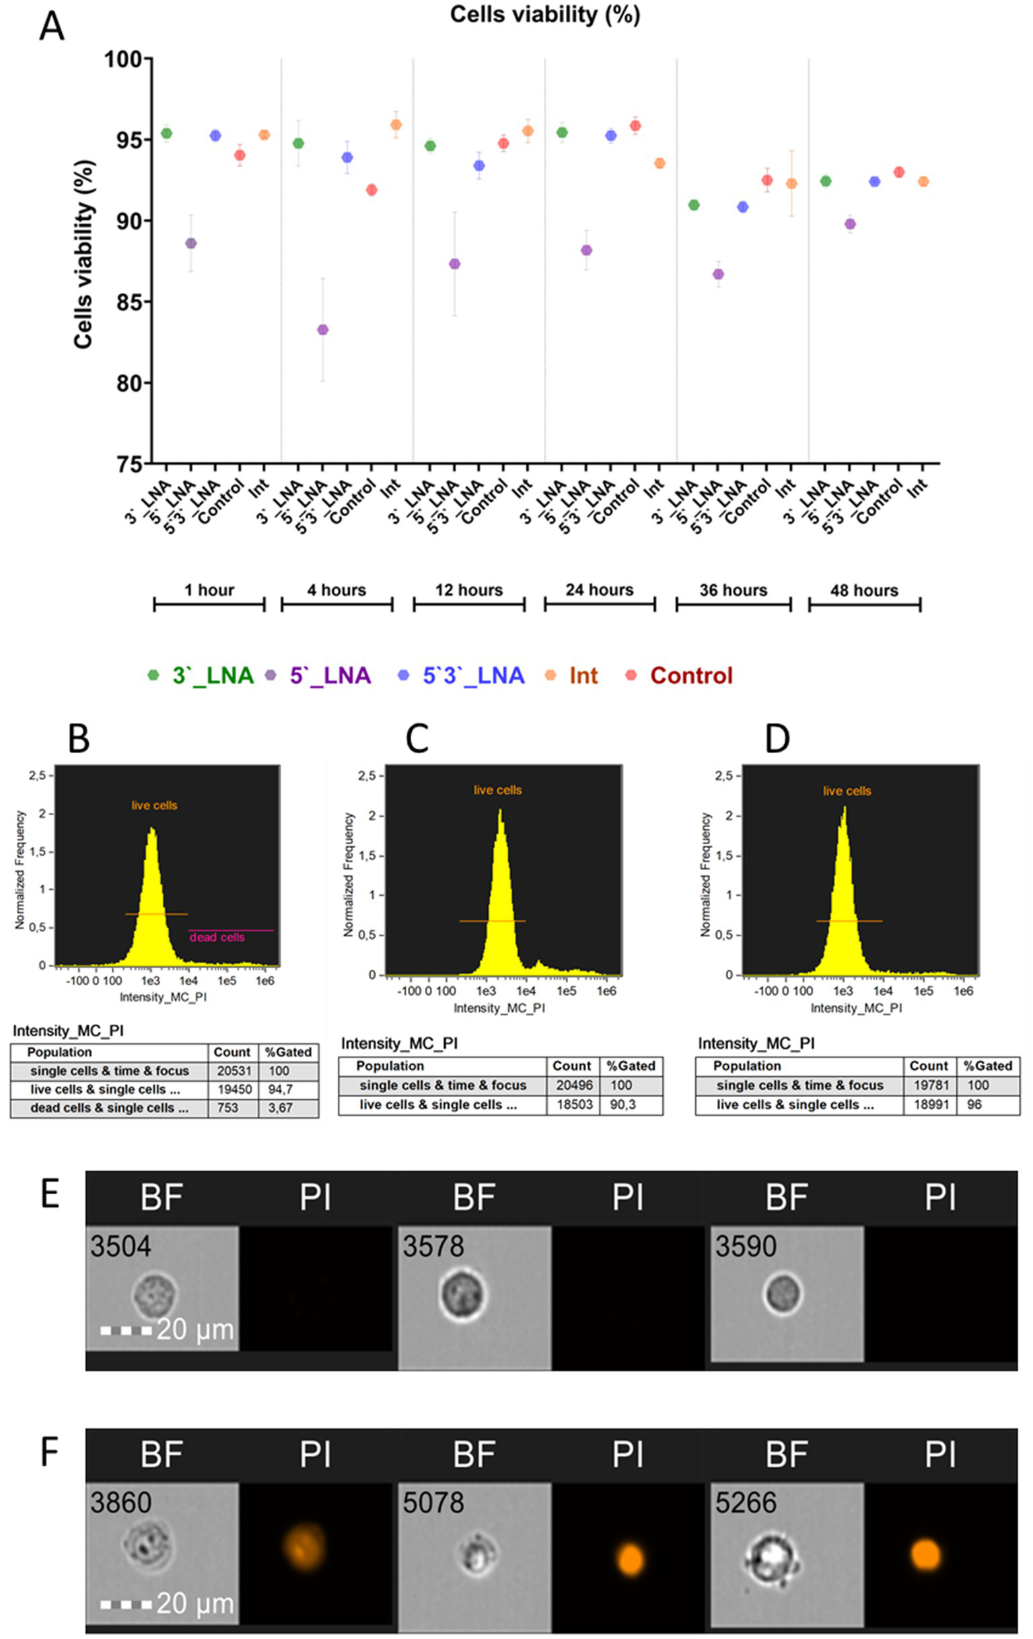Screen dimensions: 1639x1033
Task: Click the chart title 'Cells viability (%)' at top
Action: (x=544, y=15)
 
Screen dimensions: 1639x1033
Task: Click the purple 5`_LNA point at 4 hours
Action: (x=322, y=329)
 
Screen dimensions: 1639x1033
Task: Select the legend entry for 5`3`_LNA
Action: (x=473, y=675)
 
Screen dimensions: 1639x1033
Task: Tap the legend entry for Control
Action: (x=690, y=675)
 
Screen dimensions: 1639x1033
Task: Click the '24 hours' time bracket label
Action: (x=599, y=590)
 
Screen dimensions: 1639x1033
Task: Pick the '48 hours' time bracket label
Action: (x=863, y=590)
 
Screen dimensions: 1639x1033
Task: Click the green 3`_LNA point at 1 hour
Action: (x=166, y=133)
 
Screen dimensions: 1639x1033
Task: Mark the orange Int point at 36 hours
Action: (x=791, y=183)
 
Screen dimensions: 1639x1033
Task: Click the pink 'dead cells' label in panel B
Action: (x=217, y=937)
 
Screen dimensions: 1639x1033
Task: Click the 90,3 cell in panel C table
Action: (x=622, y=1105)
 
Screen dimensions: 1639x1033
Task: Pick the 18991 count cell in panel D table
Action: (x=929, y=1105)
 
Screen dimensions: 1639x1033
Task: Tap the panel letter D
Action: (x=777, y=738)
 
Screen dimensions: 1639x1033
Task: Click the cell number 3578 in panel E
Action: (x=433, y=1247)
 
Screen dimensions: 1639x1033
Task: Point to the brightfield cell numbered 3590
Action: (x=783, y=1294)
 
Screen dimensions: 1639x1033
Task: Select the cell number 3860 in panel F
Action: (x=120, y=1502)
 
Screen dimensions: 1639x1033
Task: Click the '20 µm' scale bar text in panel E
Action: (x=194, y=1329)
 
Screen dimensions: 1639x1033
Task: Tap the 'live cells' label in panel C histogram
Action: (x=497, y=790)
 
